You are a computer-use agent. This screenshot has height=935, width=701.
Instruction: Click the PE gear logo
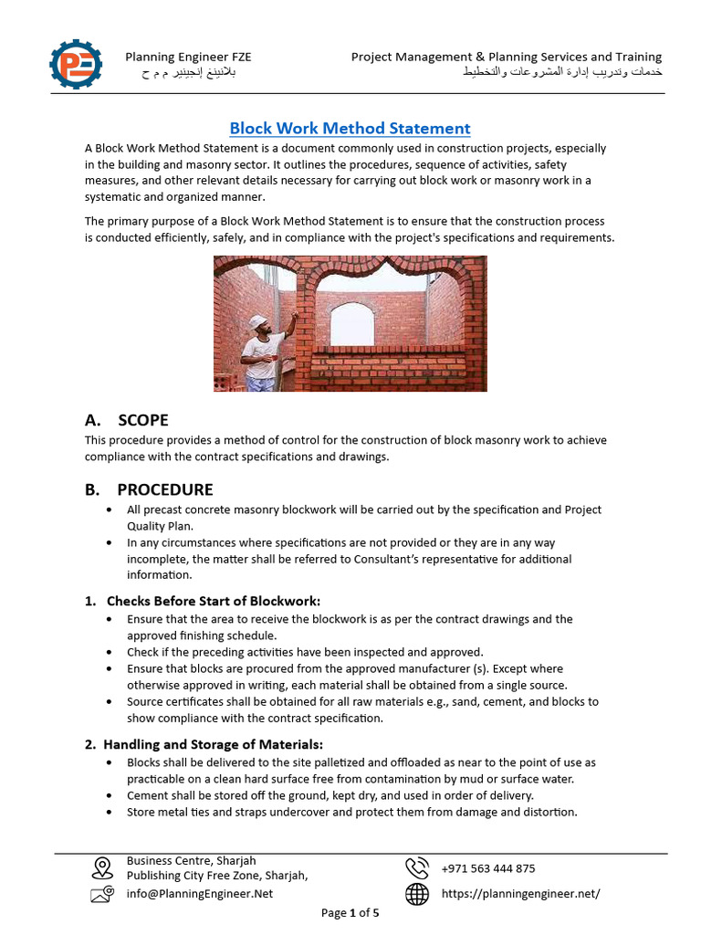77,64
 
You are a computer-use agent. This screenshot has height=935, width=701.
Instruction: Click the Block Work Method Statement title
350,128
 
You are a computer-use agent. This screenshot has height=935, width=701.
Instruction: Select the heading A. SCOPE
126,420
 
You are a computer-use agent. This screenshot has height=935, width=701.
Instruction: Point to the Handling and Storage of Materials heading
204,743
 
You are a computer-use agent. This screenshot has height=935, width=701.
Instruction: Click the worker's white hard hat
259,321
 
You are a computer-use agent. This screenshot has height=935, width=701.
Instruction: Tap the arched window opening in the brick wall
352,325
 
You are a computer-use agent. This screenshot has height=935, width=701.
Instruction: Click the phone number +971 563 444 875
488,868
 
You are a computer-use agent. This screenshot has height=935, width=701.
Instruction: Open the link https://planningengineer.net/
520,894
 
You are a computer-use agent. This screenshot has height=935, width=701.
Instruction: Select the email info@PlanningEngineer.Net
200,894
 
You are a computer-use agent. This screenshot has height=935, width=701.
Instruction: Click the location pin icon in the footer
102,867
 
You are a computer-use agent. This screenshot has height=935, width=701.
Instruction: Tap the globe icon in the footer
417,895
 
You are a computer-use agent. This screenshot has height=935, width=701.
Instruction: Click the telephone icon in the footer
417,867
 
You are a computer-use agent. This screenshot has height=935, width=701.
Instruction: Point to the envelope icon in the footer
102,895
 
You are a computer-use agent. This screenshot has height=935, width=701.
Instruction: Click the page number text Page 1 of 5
350,912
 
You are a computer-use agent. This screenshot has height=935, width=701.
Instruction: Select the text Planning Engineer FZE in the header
188,57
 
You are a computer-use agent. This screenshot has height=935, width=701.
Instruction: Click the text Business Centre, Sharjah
191,860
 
